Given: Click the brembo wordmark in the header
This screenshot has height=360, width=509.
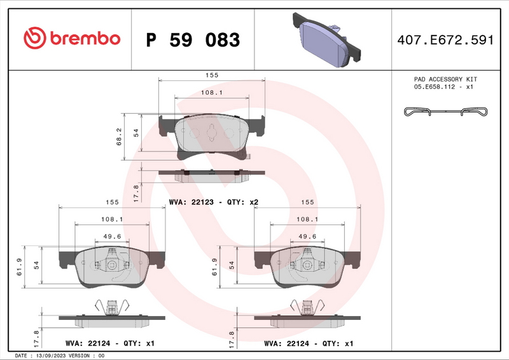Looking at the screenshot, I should click(84, 39).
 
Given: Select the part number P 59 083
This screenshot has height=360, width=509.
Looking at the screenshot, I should click(193, 40).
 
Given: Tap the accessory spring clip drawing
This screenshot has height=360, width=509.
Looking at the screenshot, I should click(446, 113).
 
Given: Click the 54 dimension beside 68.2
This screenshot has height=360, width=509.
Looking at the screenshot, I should click(136, 132).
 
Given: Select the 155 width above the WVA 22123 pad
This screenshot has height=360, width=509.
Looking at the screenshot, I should click(211, 75).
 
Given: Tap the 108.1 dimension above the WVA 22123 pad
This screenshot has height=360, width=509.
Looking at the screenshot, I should click(211, 92).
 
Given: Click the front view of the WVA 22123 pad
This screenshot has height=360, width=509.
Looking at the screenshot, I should click(211, 135).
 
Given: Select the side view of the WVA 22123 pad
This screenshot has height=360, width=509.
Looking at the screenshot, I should click(211, 174).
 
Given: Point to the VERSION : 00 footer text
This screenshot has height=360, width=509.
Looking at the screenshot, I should click(89, 356).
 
